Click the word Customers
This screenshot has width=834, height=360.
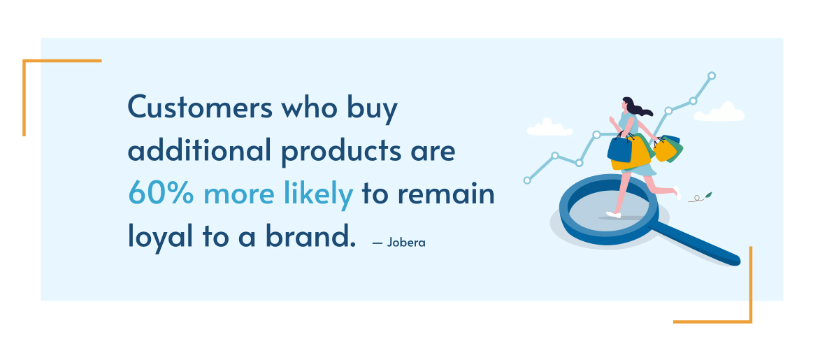(200, 108)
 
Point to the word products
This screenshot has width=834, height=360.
(341, 152)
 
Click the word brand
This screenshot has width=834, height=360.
(310, 236)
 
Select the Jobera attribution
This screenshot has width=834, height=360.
(399, 243)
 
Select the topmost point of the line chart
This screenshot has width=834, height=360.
(712, 75)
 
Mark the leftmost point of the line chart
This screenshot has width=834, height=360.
(527, 180)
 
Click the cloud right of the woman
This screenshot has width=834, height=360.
(719, 113)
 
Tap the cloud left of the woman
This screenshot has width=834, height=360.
(549, 128)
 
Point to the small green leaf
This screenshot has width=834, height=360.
(708, 195)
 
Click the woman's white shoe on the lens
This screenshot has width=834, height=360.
(613, 215)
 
